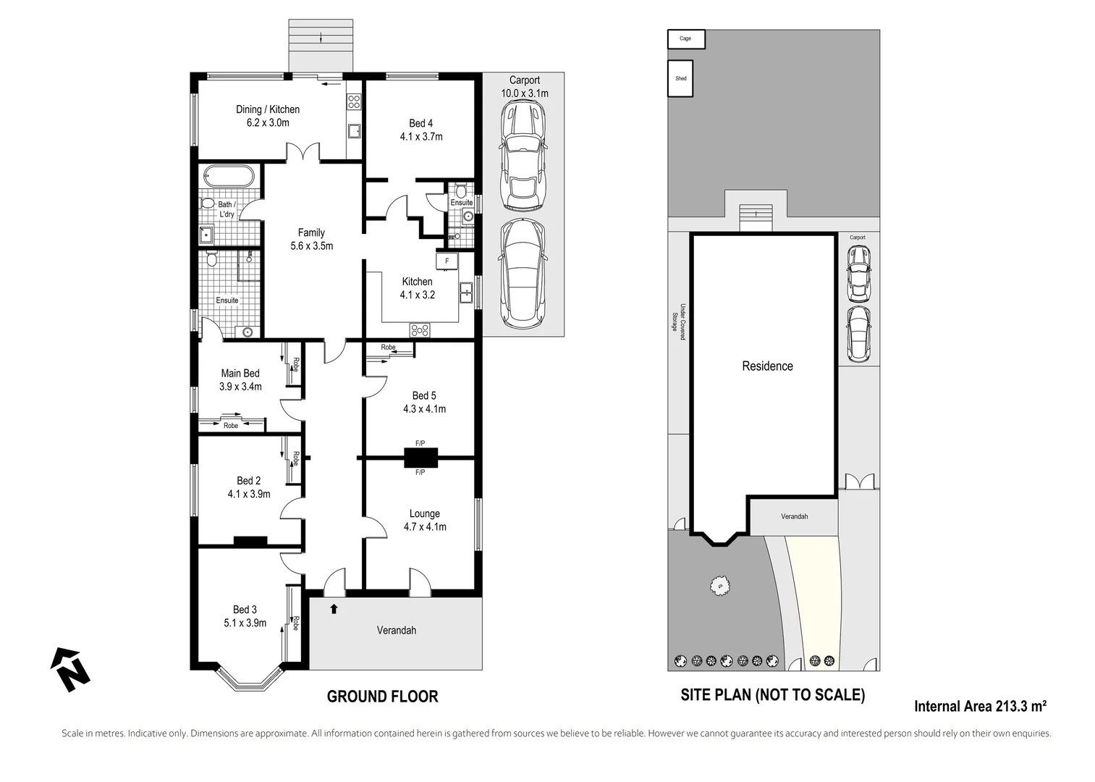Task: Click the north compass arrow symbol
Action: click(70, 669)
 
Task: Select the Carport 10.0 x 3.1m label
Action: click(525, 87)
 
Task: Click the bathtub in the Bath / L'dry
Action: click(229, 176)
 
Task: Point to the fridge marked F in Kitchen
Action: click(447, 261)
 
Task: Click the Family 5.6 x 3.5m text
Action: click(311, 239)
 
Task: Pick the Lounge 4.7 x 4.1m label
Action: click(425, 521)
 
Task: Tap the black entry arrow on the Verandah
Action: click(334, 608)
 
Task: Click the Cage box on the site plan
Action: click(686, 39)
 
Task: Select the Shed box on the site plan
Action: click(680, 78)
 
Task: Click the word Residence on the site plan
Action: click(767, 366)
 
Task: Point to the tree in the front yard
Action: click(719, 585)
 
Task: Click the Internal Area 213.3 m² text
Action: click(980, 706)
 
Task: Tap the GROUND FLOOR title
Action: click(382, 697)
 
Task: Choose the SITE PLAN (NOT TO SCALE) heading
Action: click(773, 695)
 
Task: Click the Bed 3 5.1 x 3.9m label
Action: click(245, 616)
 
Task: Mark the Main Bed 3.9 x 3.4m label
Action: click(240, 380)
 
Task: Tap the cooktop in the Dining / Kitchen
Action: click(354, 101)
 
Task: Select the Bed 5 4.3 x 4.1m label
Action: click(424, 403)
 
